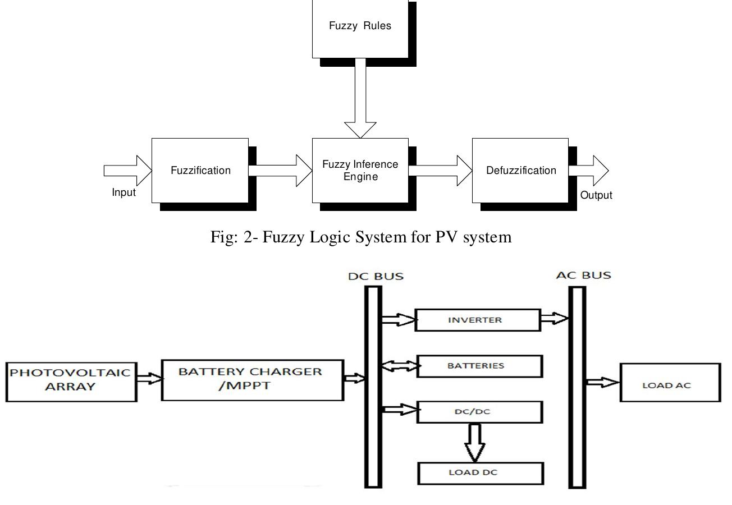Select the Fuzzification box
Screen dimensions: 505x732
200,171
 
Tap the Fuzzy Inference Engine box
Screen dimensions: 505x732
360,171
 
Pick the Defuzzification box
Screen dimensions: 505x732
520,171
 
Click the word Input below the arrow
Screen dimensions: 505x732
123,192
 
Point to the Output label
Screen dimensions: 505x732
596,195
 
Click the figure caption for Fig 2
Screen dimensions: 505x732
361,237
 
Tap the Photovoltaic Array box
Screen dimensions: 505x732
71,382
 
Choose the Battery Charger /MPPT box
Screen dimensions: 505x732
253,380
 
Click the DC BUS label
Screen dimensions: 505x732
376,277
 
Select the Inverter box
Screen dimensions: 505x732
477,320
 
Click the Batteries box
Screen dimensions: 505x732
479,366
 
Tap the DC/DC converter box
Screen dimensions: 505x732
479,412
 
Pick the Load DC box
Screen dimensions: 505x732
481,472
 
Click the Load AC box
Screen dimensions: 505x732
670,383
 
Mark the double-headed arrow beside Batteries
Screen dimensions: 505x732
400,366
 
